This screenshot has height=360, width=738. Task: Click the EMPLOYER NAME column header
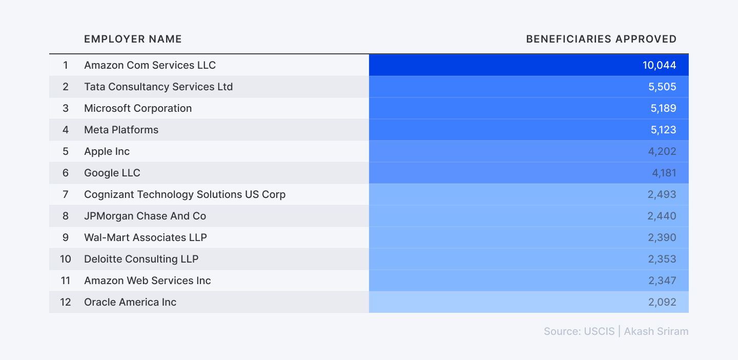[x=133, y=39]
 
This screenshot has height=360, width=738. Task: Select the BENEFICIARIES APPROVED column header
[x=601, y=39]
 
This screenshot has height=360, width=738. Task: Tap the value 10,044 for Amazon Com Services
[x=659, y=65]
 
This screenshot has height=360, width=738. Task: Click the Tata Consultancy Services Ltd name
[x=158, y=87]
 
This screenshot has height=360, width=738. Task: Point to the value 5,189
[x=662, y=108]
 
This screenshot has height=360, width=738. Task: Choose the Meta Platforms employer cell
[x=121, y=130]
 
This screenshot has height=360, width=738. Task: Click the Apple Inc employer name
[x=107, y=151]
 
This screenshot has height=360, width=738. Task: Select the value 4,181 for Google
[x=664, y=173]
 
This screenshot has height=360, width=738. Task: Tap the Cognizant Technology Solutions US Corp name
[x=184, y=194]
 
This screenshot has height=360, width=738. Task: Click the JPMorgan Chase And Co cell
[x=145, y=216]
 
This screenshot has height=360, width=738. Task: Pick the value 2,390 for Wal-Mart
[x=662, y=237]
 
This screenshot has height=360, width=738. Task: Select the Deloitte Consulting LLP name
[x=141, y=259]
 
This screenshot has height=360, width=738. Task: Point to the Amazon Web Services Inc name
[x=147, y=281]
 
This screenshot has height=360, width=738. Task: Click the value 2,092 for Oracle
[x=662, y=302]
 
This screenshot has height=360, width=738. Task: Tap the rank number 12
[x=65, y=302]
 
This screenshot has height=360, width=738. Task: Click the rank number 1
[x=65, y=65]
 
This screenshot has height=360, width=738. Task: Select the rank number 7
[x=65, y=194]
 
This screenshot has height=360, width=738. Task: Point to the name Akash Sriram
[x=656, y=331]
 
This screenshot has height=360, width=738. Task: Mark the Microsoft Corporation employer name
[x=138, y=108]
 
